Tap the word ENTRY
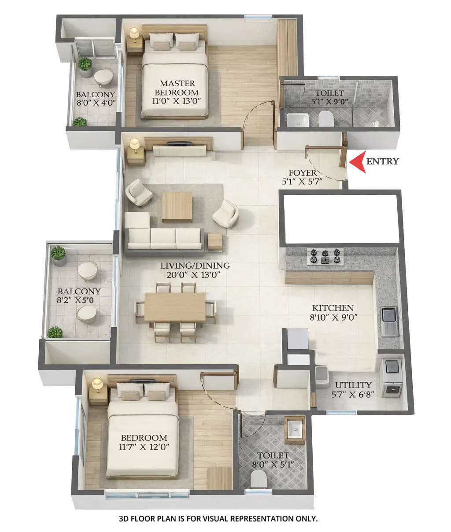[383, 161]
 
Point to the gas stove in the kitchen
[325, 256]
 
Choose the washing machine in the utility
[392, 378]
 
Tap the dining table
[175, 307]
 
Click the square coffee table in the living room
[177, 207]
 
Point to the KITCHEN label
[333, 308]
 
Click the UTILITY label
[353, 385]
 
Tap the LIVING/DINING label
[195, 266]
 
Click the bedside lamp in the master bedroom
[134, 33]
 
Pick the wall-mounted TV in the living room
[179, 143]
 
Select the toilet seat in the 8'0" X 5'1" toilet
[258, 478]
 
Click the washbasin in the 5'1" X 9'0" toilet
[298, 119]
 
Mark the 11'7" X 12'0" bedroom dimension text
[144, 447]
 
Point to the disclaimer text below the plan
[218, 519]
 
